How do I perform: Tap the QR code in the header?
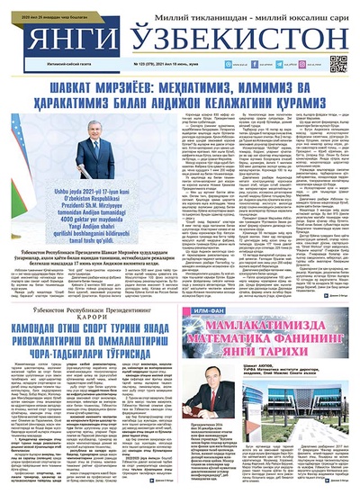click(337, 62)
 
